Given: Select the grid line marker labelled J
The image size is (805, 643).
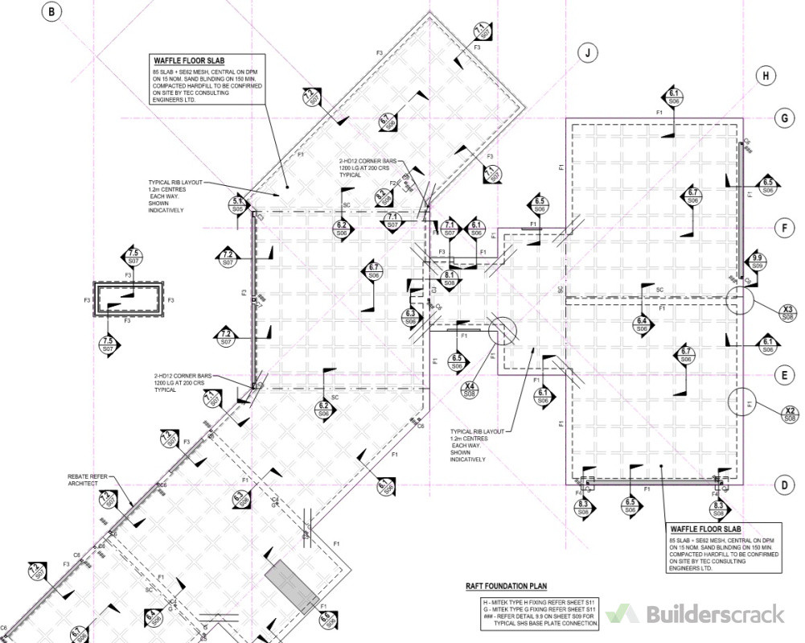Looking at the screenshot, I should [x=589, y=53].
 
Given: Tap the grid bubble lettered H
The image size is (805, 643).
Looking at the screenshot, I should [x=766, y=76].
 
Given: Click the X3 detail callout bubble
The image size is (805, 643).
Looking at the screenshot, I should [x=788, y=313].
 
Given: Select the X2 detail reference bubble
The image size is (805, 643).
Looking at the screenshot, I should [x=789, y=414].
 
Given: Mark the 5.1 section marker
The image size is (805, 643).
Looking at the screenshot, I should [x=238, y=204].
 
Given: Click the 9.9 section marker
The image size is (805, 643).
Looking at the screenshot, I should [x=757, y=262].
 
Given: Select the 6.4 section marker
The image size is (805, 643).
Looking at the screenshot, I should [x=641, y=324].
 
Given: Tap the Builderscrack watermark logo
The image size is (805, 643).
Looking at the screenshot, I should [x=695, y=614].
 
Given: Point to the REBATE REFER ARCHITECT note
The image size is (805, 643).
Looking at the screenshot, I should [x=88, y=480].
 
